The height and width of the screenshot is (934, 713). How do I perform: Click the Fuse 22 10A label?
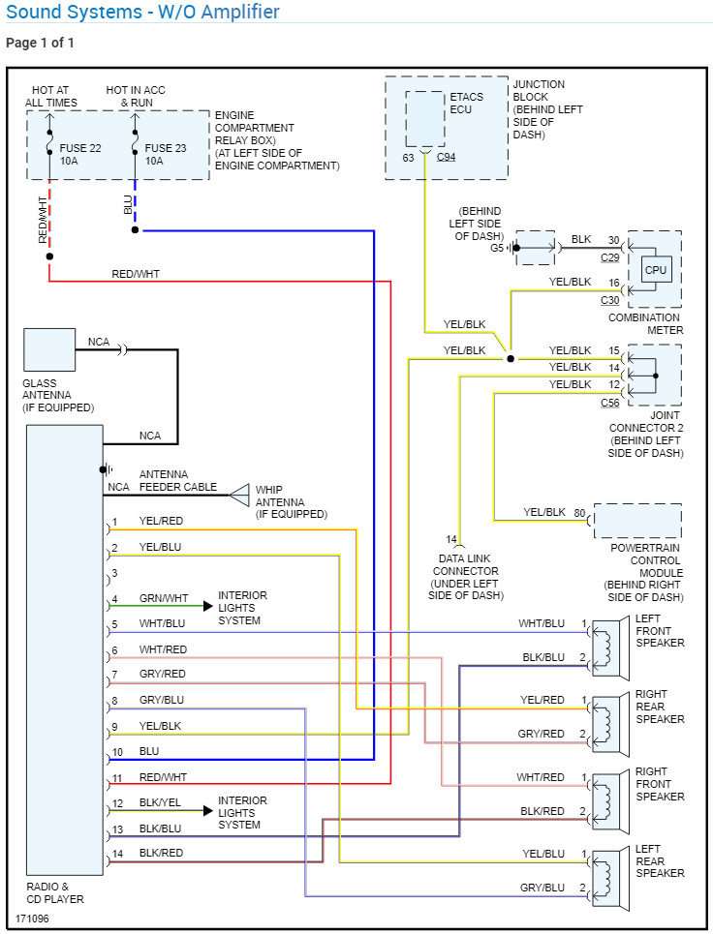click(79, 154)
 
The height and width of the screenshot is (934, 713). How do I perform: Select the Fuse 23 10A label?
click(166, 154)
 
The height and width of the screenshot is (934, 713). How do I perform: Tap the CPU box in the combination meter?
click(656, 270)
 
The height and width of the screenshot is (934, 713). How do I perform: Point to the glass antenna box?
click(49, 349)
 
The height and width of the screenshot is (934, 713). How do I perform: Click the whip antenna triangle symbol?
click(239, 496)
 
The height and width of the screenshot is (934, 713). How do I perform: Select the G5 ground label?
click(497, 248)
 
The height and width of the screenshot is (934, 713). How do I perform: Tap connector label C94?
click(446, 157)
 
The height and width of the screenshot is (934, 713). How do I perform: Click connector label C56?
click(609, 403)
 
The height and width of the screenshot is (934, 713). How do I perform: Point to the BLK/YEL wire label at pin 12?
click(160, 803)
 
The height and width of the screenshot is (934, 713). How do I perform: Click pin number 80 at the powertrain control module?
click(579, 512)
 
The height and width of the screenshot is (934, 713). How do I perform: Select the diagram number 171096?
click(32, 918)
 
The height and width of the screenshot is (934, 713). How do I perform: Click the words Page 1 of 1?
click(40, 43)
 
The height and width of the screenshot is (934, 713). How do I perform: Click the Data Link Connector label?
click(465, 572)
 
